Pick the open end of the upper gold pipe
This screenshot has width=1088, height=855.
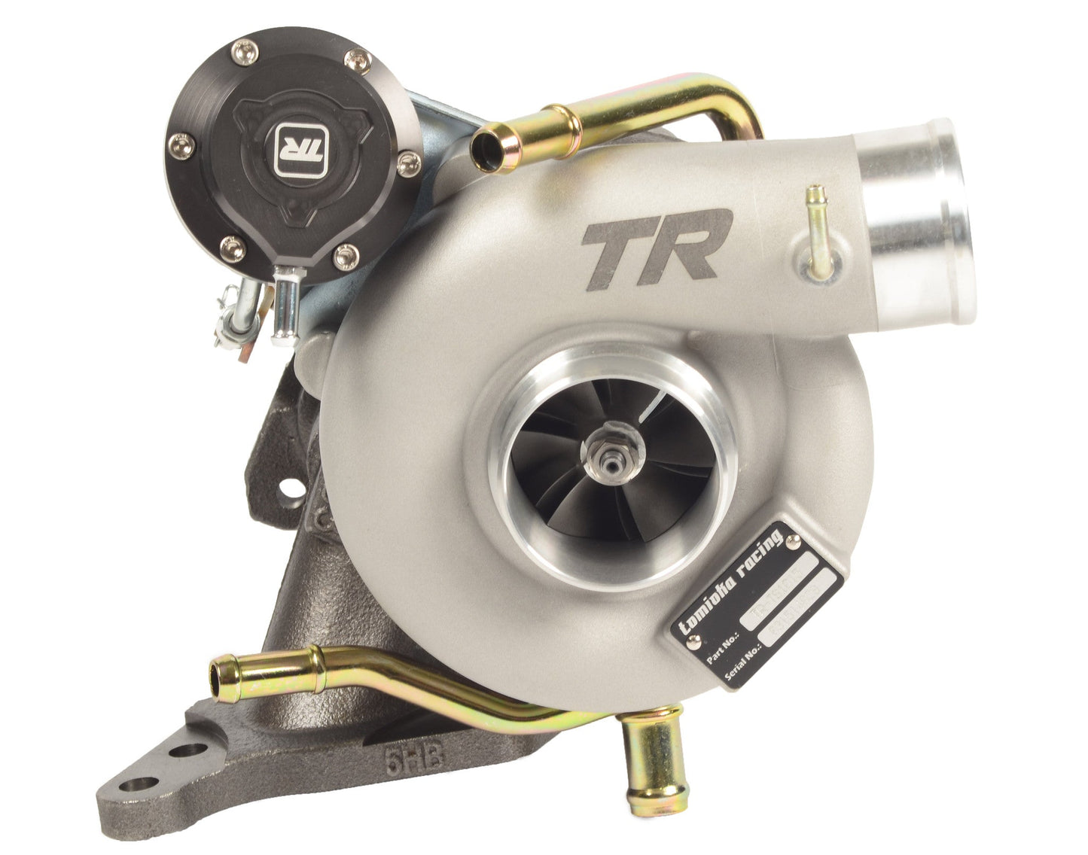point(486,143)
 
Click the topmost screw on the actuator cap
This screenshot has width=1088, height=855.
point(242,50)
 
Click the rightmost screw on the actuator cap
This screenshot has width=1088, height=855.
point(410,159)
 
